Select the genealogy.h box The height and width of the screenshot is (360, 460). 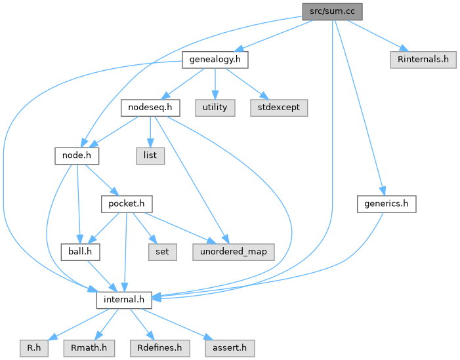(215, 60)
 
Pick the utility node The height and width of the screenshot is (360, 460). (215, 107)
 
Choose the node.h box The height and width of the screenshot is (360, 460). (76, 155)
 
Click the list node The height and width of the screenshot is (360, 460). (150, 155)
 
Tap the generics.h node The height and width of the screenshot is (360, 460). (387, 204)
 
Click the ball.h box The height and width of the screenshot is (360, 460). (79, 250)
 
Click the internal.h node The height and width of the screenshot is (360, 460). (124, 300)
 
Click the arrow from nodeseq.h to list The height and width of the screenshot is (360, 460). (150, 131)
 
